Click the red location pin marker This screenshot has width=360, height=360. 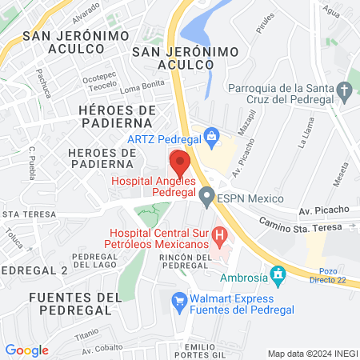point(180,162)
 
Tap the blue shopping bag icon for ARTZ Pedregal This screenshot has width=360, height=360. point(211,136)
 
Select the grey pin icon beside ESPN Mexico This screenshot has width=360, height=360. point(206,194)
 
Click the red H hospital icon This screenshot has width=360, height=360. point(221,236)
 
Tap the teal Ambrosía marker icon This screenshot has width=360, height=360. point(278,276)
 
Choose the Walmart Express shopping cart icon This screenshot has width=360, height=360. point(180,302)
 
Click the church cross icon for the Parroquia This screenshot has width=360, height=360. point(346,94)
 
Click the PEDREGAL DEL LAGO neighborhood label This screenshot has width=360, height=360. point(95,261)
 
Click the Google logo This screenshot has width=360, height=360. point(26,350)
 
